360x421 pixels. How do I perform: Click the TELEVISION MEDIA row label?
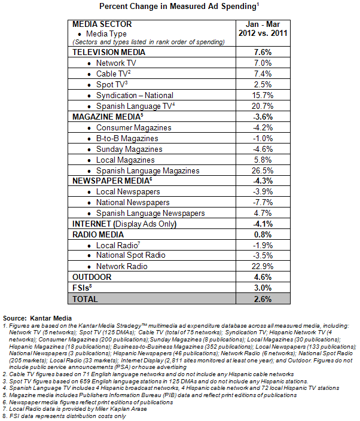pyautogui.click(x=109, y=52)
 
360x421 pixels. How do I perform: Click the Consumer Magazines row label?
pyautogui.click(x=133, y=127)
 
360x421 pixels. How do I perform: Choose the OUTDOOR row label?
pyautogui.click(x=92, y=277)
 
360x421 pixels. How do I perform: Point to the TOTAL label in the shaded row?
pyautogui.click(x=85, y=299)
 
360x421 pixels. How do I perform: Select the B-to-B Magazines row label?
pyautogui.click(x=127, y=138)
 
